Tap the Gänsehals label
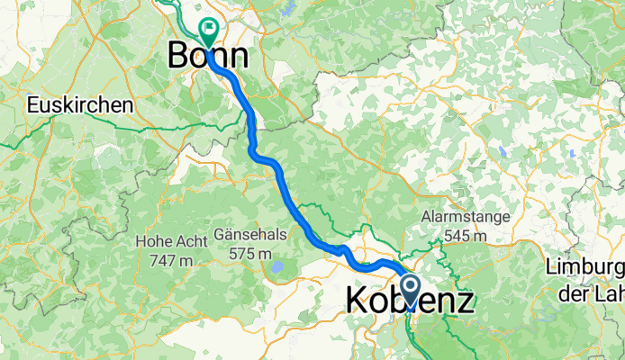pos(250,235)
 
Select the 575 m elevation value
pos(250,254)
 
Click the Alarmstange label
pos(466,217)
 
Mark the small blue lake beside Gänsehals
pos(277,267)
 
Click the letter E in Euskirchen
pos(32,105)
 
